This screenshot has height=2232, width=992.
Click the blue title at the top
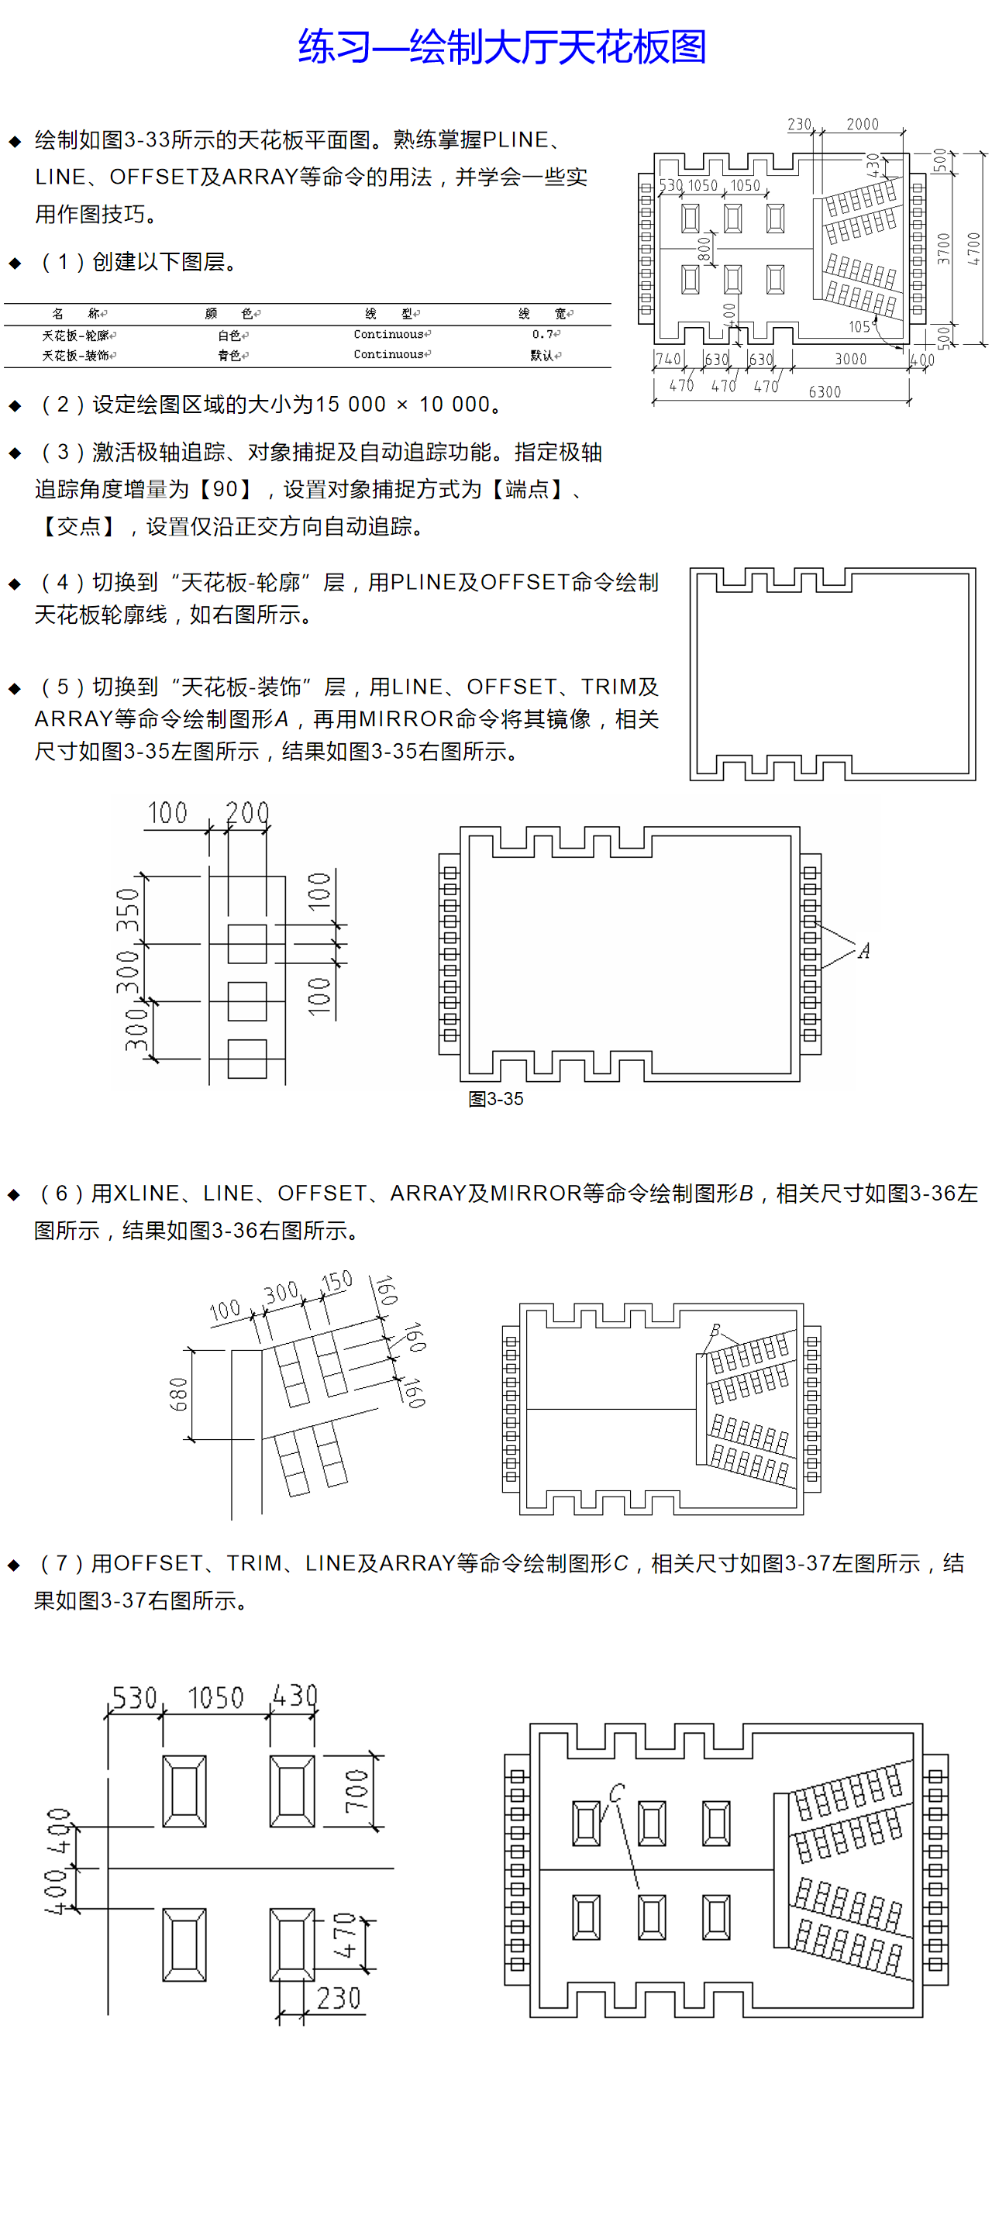click(x=501, y=46)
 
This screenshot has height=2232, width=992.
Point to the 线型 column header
click(x=388, y=314)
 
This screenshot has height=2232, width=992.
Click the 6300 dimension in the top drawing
click(x=824, y=391)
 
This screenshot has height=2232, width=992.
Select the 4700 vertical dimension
click(x=974, y=249)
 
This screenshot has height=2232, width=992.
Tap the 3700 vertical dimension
click(x=943, y=249)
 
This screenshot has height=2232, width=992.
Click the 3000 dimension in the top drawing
click(x=850, y=359)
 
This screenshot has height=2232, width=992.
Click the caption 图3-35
click(x=495, y=1099)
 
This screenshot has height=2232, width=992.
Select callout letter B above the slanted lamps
click(x=715, y=1330)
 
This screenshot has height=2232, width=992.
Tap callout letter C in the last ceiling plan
click(x=616, y=1793)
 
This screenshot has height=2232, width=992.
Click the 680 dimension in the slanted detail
click(x=178, y=1394)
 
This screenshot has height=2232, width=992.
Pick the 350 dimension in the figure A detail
click(x=127, y=909)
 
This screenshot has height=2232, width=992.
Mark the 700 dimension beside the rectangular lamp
click(x=356, y=1791)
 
